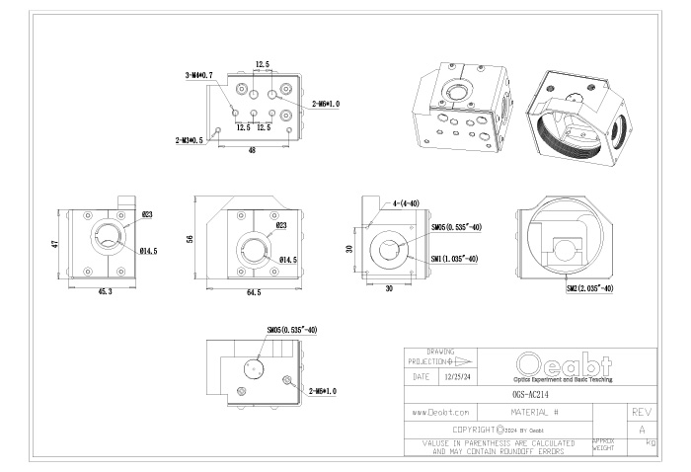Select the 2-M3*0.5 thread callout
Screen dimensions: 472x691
click(x=189, y=140)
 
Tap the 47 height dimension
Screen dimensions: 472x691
click(x=57, y=243)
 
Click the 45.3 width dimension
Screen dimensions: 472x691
click(x=105, y=292)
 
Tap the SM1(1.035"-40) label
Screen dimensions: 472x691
click(x=455, y=259)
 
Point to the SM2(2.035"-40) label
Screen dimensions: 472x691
click(x=590, y=289)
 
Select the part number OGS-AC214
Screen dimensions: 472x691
click(x=531, y=392)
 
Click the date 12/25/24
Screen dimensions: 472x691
click(x=456, y=376)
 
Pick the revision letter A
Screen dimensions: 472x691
click(x=642, y=429)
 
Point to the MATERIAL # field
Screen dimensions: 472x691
click(x=536, y=411)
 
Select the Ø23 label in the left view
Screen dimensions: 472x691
click(x=146, y=214)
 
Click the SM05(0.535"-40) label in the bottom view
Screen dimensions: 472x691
click(x=291, y=330)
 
